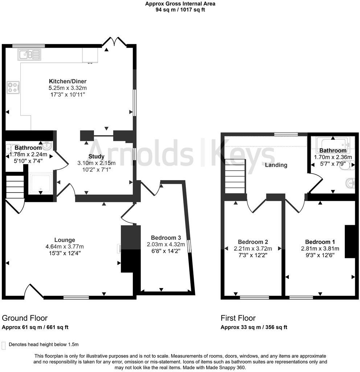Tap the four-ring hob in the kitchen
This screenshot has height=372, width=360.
13,87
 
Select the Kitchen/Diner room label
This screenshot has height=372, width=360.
68,81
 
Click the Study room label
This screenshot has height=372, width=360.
97,157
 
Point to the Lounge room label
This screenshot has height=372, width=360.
65,240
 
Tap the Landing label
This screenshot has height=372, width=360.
276,165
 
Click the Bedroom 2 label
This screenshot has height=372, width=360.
253,242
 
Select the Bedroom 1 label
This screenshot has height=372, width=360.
320,242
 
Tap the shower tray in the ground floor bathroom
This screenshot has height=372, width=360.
41,183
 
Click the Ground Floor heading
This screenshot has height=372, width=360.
25,318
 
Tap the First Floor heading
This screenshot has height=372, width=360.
238,318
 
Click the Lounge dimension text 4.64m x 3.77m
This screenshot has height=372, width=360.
65,246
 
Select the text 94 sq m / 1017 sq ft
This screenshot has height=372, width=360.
180,10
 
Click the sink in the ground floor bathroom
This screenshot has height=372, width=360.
47,146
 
